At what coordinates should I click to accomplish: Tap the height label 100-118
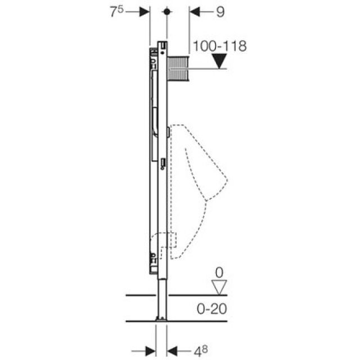tap(219, 46)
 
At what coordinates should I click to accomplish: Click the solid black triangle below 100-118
tap(219, 62)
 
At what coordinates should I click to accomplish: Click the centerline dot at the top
tap(167, 12)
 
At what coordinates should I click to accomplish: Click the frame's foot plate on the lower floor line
tap(162, 319)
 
